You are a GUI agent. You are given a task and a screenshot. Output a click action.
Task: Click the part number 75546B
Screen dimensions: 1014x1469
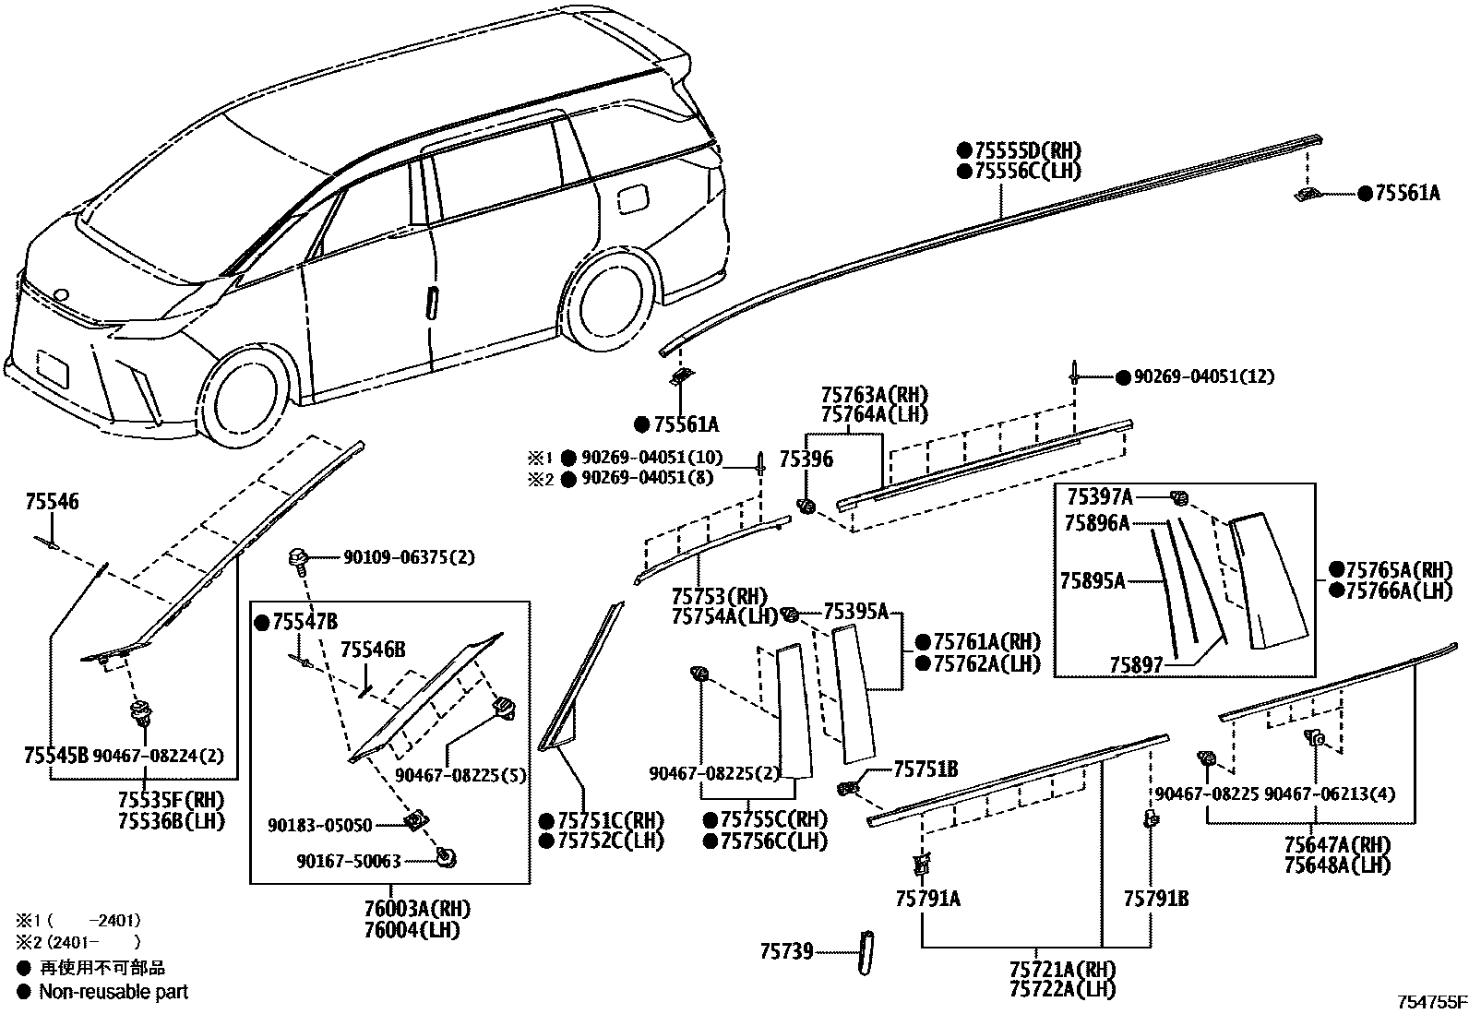click(x=373, y=650)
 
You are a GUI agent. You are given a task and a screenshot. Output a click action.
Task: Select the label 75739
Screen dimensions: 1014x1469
click(x=787, y=951)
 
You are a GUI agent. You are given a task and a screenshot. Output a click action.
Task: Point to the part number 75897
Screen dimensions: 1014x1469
click(x=1137, y=664)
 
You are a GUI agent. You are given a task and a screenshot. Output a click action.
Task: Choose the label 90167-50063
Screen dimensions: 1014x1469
click(x=348, y=861)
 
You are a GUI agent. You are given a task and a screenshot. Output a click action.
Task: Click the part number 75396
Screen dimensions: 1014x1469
click(x=806, y=459)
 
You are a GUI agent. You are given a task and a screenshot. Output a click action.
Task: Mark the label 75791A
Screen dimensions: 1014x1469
click(x=927, y=898)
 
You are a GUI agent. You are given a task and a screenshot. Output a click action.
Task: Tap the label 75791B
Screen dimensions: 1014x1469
click(x=1155, y=898)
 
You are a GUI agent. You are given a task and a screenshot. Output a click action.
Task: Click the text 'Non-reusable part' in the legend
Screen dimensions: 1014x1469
click(x=113, y=992)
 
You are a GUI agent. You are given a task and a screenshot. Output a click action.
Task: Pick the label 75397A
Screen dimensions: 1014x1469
click(x=1099, y=497)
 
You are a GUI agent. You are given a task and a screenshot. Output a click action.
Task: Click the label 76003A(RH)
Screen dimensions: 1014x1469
click(x=405, y=909)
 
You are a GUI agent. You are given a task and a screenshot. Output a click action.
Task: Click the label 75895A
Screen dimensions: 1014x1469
click(x=1092, y=581)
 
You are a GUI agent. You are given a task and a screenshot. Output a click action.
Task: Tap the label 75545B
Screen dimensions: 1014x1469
click(x=55, y=756)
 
